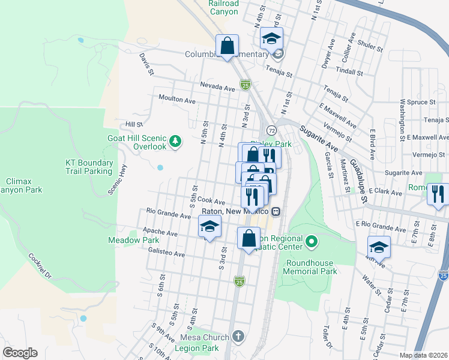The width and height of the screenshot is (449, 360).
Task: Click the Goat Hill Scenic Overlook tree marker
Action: coord(175,141)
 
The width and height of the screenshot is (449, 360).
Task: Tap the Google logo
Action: coord(20,353)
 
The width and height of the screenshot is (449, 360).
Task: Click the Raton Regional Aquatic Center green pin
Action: coord(311,242)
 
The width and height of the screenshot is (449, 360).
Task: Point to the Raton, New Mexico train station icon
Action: coord(276,211)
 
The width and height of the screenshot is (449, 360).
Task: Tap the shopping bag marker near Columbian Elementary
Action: coord(228,46)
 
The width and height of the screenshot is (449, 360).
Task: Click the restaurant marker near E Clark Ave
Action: coord(438,194)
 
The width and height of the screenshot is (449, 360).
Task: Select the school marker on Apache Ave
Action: coord(209,226)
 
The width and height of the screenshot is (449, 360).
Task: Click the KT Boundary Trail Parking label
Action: coord(89,167)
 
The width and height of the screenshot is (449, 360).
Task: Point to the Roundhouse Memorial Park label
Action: coord(312,267)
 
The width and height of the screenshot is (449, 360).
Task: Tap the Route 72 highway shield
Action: coord(271,130)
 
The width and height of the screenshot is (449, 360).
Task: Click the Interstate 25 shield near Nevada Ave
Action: coord(245,85)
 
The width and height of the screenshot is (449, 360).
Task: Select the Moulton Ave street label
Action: coord(177,98)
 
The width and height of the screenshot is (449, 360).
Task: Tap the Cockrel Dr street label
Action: coord(40,263)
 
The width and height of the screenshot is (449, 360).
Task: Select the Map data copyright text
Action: coord(424,355)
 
